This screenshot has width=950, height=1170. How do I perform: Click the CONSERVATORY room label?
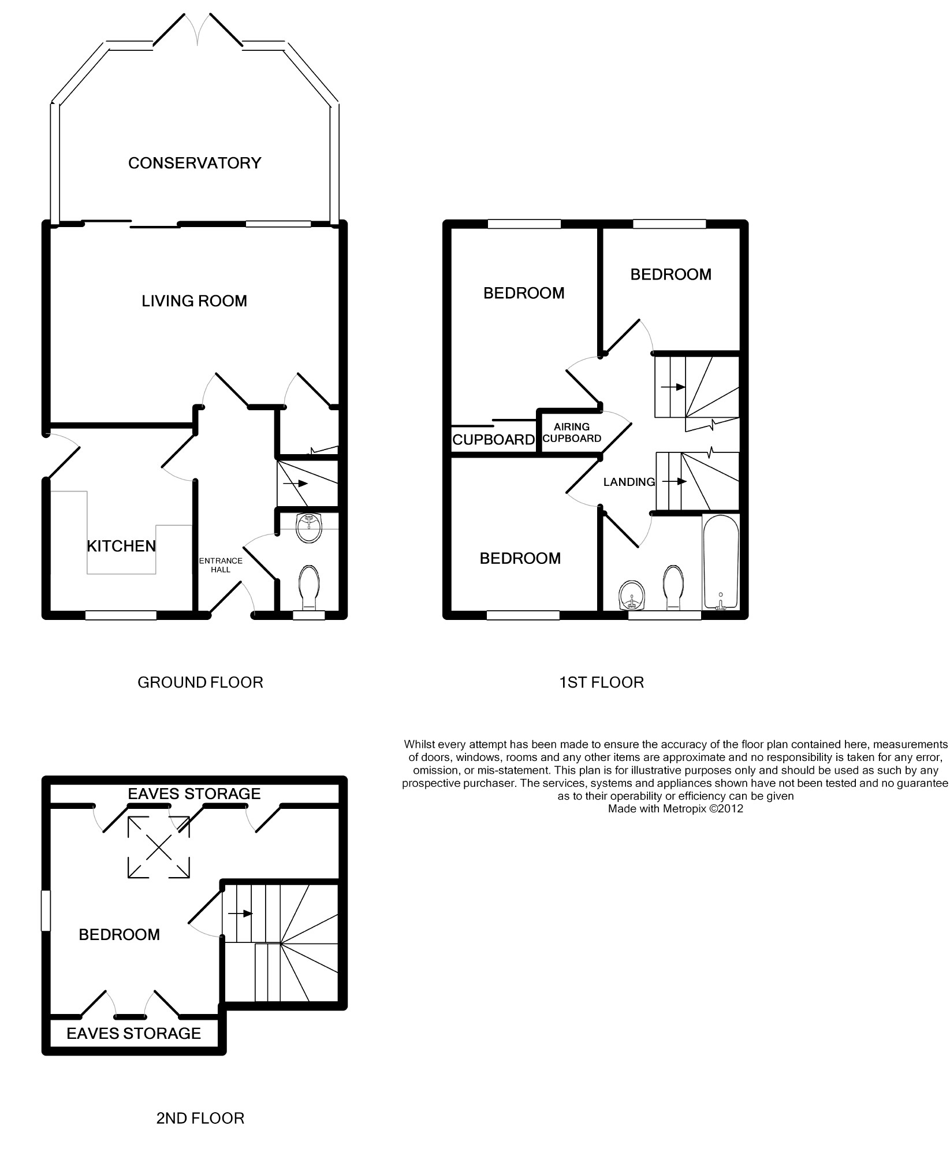195,164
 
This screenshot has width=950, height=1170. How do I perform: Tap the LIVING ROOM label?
195,301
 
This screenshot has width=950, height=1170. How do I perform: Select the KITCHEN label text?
121,546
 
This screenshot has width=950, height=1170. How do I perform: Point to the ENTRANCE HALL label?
221,565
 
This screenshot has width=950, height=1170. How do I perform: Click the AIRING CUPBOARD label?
572,433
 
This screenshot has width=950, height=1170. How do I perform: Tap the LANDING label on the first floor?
629,482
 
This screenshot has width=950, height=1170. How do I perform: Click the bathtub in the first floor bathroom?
720,562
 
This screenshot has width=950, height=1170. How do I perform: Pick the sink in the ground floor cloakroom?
310,528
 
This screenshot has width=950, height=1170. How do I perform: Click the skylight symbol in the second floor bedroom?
158,848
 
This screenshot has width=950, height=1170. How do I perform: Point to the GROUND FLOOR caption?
200,683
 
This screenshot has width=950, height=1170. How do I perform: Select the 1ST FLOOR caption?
601,683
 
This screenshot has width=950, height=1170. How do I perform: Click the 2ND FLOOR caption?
200,1119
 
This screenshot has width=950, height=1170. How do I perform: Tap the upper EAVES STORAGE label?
194,794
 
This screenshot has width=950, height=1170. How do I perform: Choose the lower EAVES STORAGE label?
134,1034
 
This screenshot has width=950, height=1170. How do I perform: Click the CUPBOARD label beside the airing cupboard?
494,440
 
